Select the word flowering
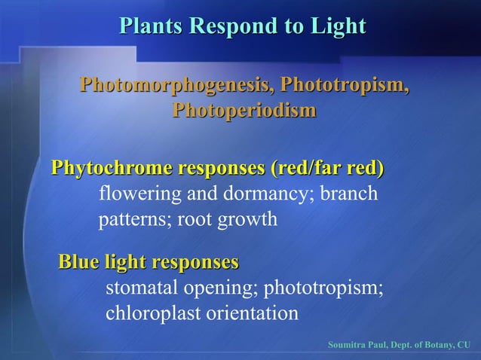click(140, 194)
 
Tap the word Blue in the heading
click(80, 262)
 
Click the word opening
click(216, 288)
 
